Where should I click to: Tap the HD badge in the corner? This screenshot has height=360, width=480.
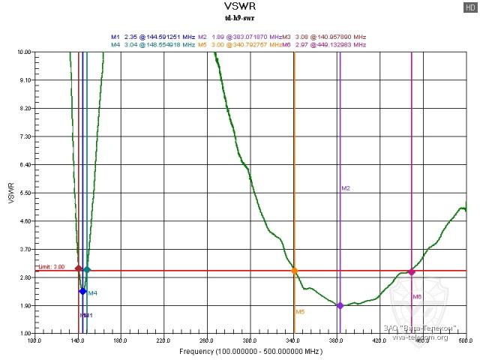470,7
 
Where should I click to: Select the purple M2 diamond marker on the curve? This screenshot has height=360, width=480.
340,305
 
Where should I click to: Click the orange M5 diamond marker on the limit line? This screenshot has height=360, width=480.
294,271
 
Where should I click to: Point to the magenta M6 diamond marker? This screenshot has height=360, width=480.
412,271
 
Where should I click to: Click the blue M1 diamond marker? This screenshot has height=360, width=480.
82,291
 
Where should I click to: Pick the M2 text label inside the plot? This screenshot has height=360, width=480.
346,188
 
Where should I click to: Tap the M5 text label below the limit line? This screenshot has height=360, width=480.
300,311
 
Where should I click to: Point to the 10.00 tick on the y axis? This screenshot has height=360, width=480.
24,52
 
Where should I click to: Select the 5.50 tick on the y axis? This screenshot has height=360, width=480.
24,193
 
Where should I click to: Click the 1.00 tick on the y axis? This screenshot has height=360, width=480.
25,333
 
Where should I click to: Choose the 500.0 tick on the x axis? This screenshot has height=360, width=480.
465,340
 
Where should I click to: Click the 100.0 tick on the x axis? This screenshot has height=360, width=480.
34,340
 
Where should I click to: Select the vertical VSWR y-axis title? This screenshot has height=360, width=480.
10,193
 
